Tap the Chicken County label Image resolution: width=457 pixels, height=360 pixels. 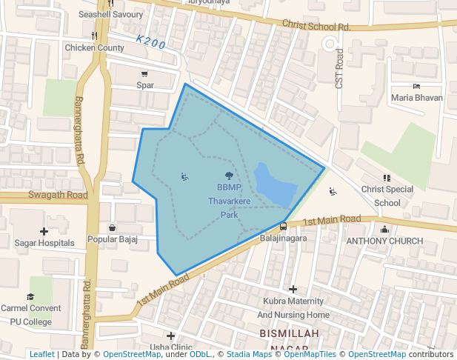[95, 47]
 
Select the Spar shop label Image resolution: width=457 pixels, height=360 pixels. [145, 84]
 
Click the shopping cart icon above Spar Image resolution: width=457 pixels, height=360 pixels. [144, 74]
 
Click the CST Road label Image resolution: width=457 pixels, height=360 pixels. [339, 69]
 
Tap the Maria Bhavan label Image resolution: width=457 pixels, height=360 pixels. [417, 97]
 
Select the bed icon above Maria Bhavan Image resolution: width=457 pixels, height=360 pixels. [416, 87]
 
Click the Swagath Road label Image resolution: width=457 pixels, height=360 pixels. [49, 195]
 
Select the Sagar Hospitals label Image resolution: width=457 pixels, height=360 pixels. [44, 242]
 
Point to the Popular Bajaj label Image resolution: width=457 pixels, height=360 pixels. [113, 239]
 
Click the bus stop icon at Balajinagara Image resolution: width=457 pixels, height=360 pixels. [283, 226]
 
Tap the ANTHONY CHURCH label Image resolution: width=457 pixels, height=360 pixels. [384, 241]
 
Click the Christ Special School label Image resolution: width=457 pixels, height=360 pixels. [387, 196]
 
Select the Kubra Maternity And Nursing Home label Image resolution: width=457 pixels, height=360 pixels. [293, 307]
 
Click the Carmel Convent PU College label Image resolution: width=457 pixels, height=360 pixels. [31, 315]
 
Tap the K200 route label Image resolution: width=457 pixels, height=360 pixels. [151, 43]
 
